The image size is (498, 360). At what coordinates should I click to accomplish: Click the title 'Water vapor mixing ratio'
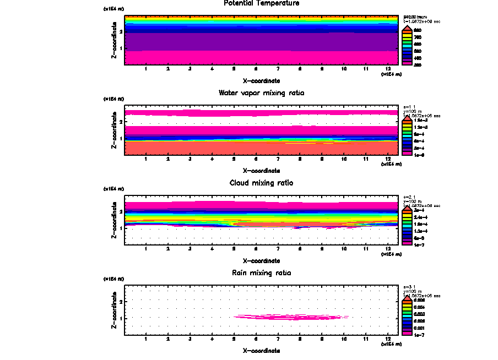(262, 93)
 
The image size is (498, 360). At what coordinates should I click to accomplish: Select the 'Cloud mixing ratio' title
(262, 183)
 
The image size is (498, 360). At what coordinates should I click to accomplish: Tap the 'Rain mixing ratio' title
(262, 272)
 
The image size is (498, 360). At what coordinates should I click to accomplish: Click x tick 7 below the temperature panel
(278, 69)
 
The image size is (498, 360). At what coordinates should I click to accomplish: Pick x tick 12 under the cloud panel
(388, 248)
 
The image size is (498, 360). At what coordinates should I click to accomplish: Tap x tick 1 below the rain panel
(146, 338)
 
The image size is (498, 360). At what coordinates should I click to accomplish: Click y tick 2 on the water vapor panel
(121, 122)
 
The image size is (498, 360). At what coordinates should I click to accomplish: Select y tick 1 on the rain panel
(121, 318)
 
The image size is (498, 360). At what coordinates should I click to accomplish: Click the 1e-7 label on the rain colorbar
(419, 334)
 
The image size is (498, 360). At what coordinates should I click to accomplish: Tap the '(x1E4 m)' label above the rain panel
(114, 279)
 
